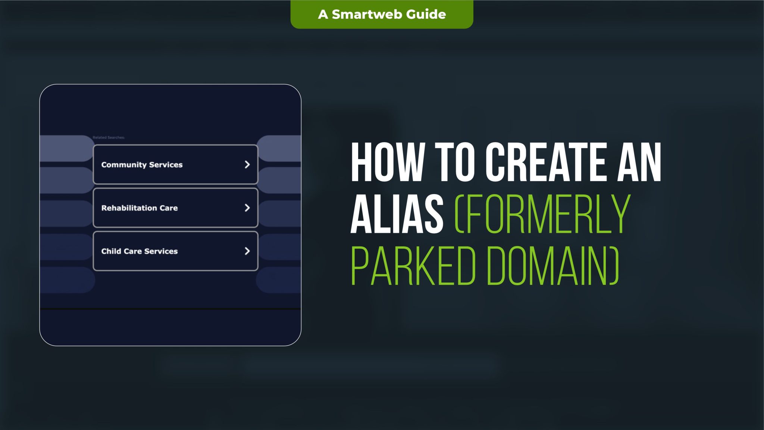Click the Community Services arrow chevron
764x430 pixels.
(x=247, y=165)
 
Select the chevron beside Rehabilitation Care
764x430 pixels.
(x=247, y=208)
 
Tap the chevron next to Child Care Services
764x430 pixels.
(x=247, y=251)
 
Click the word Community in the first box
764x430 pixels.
(x=123, y=165)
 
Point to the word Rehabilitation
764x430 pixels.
(x=129, y=208)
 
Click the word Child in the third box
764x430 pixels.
(x=110, y=251)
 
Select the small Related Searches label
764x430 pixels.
(x=109, y=138)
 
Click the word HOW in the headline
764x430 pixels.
(x=386, y=163)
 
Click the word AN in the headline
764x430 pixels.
(x=639, y=163)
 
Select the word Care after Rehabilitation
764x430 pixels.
(x=169, y=208)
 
